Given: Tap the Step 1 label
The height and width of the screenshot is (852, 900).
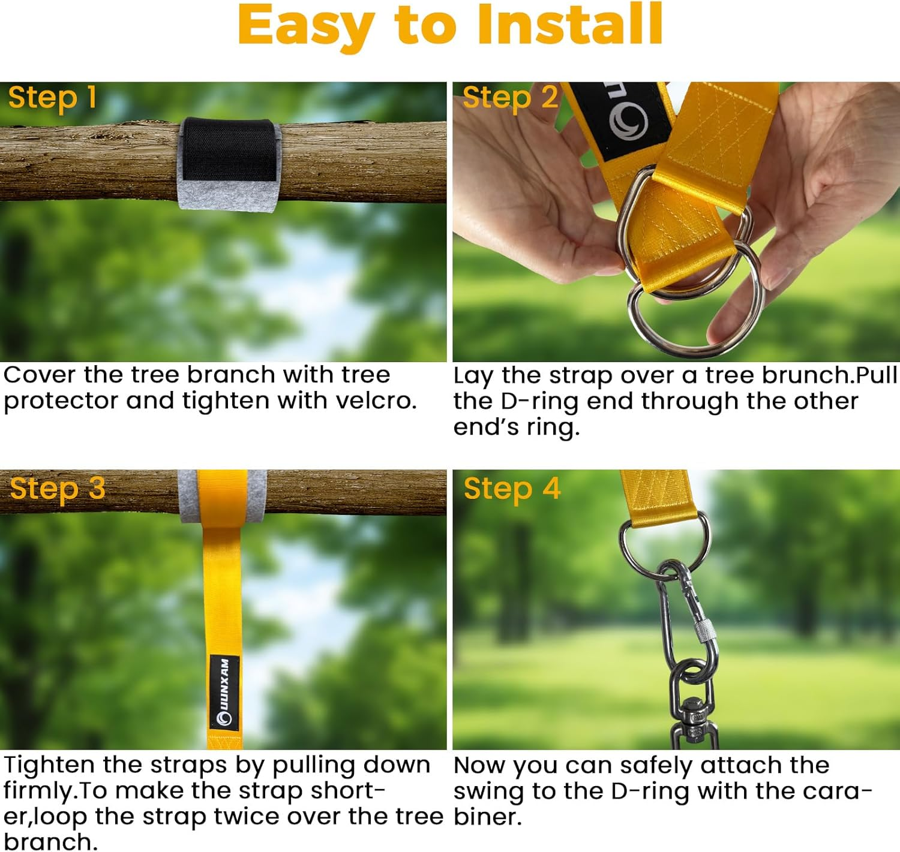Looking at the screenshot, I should [x=52, y=98].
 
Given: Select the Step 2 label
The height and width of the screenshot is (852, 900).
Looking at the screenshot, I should [x=510, y=98].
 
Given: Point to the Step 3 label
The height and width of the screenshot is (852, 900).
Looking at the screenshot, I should [x=58, y=489].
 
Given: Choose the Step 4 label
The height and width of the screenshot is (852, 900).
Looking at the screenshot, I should [x=512, y=489].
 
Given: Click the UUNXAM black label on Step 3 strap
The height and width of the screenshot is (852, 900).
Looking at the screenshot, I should [x=224, y=693].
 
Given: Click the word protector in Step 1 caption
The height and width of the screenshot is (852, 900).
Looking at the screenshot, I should [x=61, y=401].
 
